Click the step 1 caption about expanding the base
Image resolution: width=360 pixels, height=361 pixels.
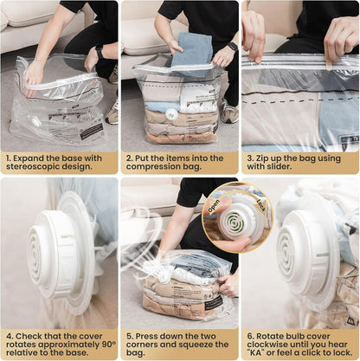(59, 164)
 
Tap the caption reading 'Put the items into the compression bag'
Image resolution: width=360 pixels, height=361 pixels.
(179, 164)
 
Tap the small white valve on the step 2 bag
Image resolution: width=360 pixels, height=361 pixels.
(171, 114)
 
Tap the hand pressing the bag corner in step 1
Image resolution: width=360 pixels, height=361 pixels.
(34, 75)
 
